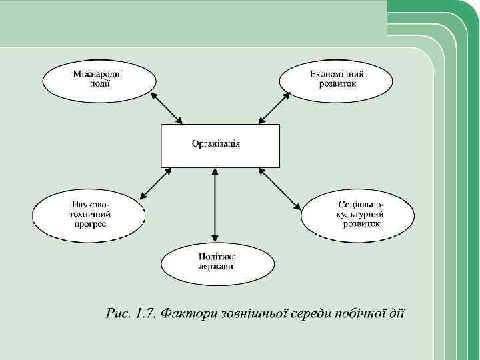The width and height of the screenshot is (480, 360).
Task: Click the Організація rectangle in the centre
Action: tap(217, 145)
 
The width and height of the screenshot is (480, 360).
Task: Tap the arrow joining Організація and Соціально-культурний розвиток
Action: tap(280, 188)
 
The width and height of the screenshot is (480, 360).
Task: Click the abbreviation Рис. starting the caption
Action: tap(118, 313)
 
